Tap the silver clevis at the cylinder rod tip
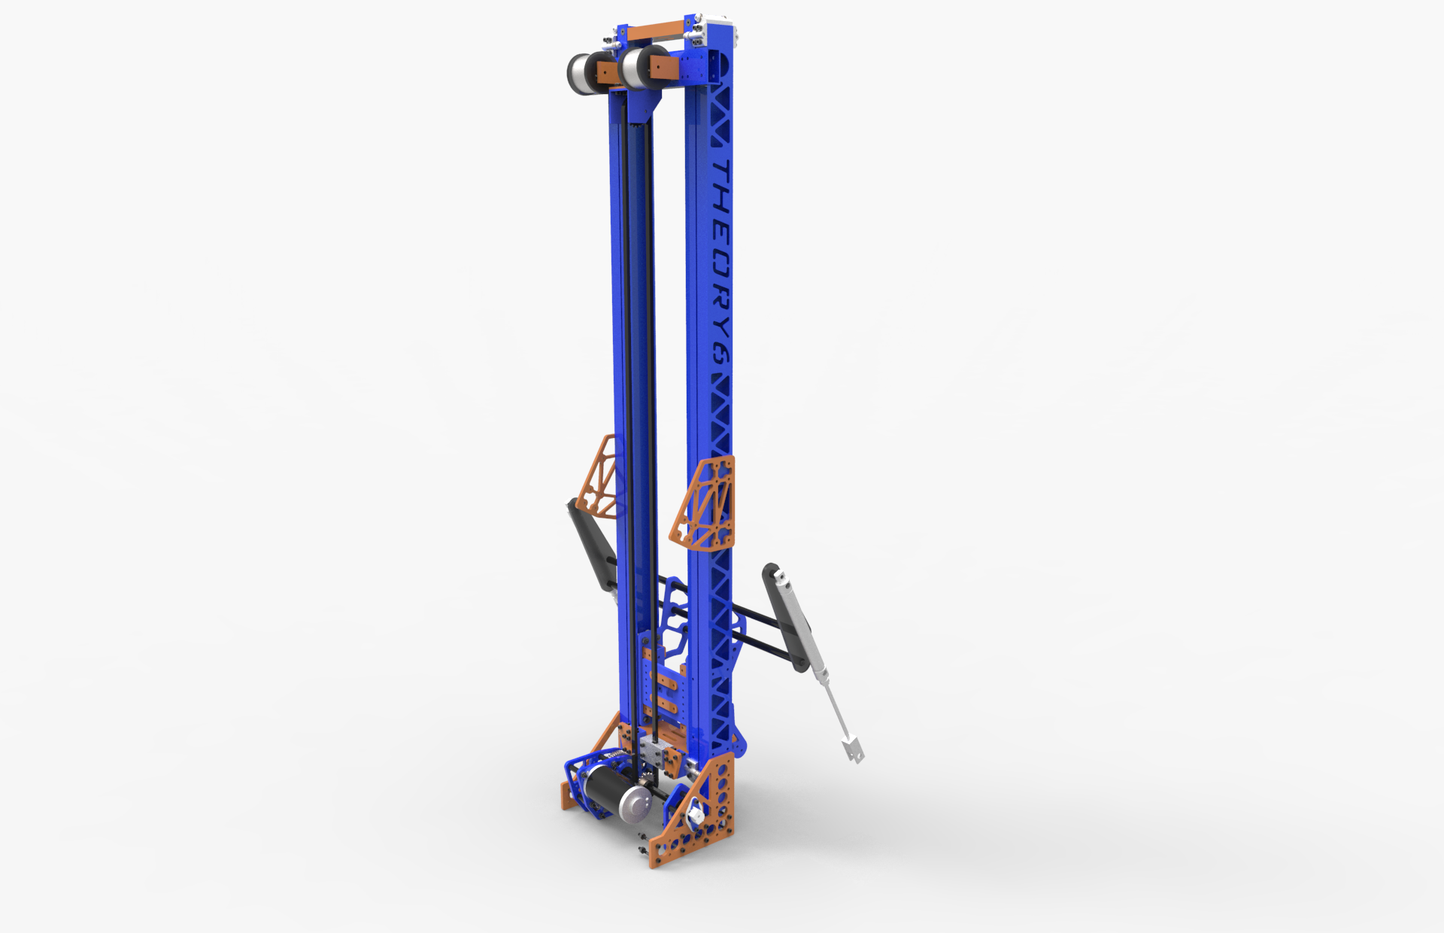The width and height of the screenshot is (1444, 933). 853,748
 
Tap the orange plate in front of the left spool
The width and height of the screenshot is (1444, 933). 606,73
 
